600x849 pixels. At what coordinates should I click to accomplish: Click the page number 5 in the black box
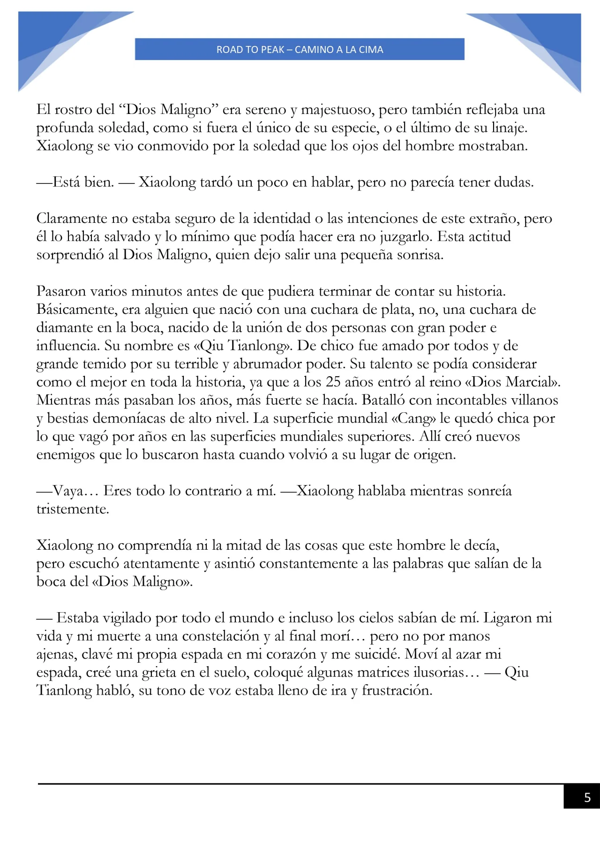(x=587, y=797)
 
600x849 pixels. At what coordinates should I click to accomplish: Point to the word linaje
(x=509, y=128)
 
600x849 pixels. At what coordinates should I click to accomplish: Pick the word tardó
(x=216, y=182)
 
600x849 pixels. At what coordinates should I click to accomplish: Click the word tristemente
(x=73, y=509)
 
